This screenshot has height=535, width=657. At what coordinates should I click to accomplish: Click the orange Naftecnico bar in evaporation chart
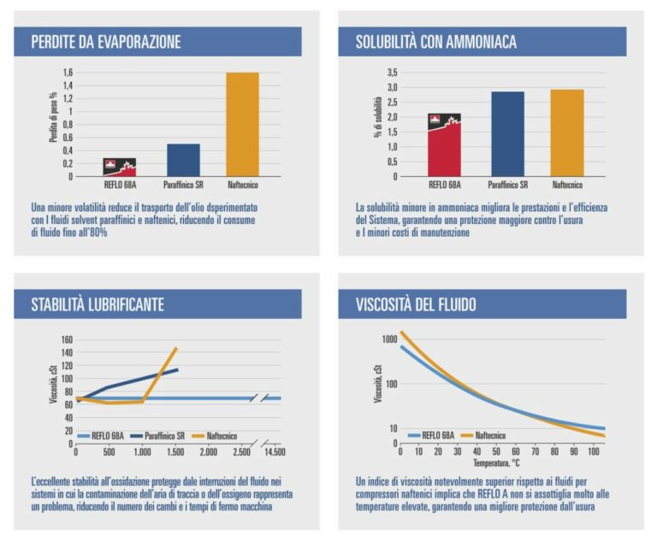coord(242,124)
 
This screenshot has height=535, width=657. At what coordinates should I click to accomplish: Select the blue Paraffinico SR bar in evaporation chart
coord(183,160)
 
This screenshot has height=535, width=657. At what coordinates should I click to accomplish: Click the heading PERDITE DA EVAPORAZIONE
coord(106,42)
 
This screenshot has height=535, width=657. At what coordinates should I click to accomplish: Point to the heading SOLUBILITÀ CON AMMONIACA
coord(436,42)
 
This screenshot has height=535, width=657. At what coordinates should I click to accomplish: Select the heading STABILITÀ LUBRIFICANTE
coord(98,305)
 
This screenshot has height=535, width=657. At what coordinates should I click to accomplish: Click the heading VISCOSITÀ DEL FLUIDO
coord(417,305)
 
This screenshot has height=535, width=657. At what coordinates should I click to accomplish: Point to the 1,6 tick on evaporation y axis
coord(68,73)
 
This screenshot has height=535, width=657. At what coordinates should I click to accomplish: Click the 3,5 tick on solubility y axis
coord(393,73)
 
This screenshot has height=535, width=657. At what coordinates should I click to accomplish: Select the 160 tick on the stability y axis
coord(68,340)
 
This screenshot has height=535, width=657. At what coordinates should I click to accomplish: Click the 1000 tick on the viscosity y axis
coord(389,339)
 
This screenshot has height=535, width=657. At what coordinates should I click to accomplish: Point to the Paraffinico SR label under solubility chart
coord(508,185)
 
